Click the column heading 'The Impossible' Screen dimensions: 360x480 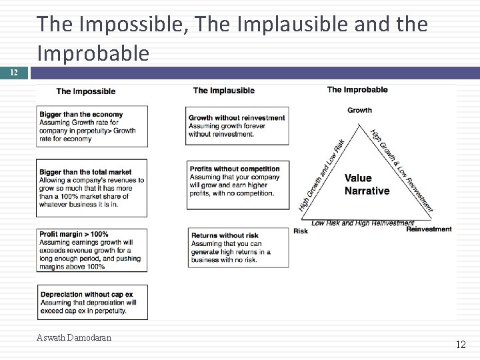85,91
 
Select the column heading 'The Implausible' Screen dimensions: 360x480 223,91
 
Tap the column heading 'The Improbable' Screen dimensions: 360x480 357,89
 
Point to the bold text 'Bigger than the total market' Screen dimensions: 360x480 85,172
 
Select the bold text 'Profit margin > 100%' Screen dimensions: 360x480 74,235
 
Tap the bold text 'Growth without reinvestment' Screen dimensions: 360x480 237,118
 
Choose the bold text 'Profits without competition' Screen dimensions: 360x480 235,169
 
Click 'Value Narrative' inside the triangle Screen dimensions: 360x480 367,185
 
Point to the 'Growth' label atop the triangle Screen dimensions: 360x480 360,110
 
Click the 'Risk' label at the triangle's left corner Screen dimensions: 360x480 301,231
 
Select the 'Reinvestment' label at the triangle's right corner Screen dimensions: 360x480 429,229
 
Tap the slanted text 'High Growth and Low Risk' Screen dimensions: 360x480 322,175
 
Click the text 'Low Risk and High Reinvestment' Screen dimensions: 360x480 363,223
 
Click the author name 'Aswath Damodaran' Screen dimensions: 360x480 74,337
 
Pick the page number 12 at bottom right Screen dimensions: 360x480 461,345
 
